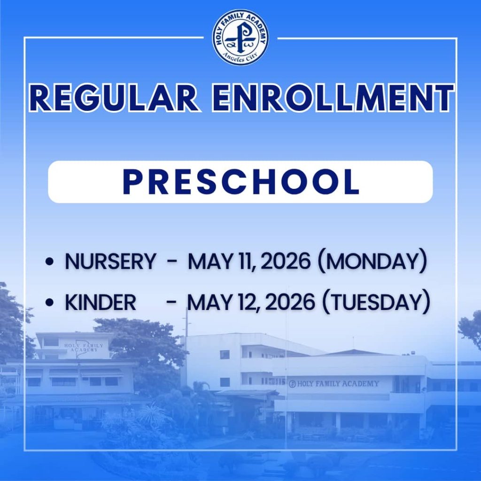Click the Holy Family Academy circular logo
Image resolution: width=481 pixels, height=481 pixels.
coord(240,38)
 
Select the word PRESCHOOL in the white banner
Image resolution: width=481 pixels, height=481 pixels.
coord(240,182)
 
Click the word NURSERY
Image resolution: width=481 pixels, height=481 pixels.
coord(110,262)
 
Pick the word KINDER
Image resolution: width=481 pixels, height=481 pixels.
coord(101,303)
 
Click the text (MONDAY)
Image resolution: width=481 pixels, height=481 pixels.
coord(372,262)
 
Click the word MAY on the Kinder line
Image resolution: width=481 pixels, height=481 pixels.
coord(209,303)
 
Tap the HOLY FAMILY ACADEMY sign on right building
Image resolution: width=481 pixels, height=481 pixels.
coord(334,384)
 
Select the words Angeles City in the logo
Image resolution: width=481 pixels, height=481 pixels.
coord(240,58)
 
